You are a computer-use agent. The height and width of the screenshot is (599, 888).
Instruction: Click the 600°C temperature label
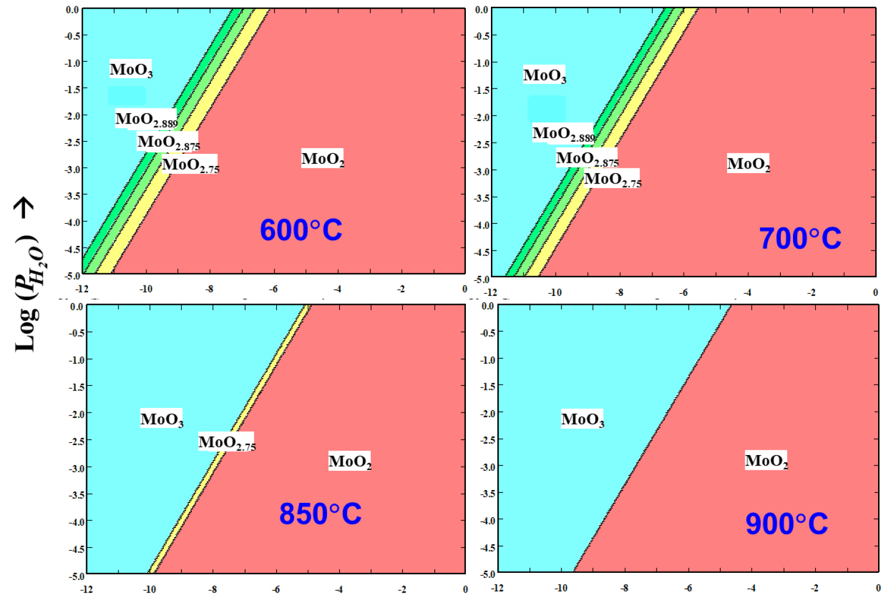(301, 230)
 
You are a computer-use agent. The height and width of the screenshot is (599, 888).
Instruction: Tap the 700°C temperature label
(800, 238)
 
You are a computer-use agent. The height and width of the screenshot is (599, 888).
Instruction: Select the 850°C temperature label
(320, 514)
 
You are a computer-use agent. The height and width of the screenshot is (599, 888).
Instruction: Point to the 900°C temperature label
(787, 524)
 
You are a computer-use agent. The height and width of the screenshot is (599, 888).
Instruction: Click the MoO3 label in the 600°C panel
(131, 70)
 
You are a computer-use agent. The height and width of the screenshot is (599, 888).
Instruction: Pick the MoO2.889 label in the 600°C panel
(146, 119)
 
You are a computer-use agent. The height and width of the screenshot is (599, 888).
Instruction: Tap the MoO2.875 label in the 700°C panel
(587, 158)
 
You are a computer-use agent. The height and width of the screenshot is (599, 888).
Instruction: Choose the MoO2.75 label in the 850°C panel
(227, 443)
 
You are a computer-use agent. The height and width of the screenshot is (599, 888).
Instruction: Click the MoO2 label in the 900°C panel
(766, 461)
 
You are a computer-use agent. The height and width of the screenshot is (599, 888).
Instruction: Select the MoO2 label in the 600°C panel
(322, 159)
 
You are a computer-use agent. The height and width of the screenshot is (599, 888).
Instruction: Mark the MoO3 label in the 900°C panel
(582, 420)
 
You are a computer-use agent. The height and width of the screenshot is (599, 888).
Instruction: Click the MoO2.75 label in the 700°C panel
(612, 179)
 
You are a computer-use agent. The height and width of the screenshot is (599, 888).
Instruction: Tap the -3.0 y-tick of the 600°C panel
(73, 169)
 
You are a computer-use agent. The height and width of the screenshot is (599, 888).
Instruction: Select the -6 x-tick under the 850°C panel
(276, 590)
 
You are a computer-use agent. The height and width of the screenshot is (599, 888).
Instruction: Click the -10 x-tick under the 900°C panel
(561, 588)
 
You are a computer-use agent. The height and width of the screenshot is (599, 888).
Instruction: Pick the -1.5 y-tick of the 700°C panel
(481, 90)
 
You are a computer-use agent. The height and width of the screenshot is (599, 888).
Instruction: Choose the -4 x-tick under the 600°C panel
(338, 289)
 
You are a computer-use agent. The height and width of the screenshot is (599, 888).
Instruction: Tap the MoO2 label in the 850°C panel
(350, 461)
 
